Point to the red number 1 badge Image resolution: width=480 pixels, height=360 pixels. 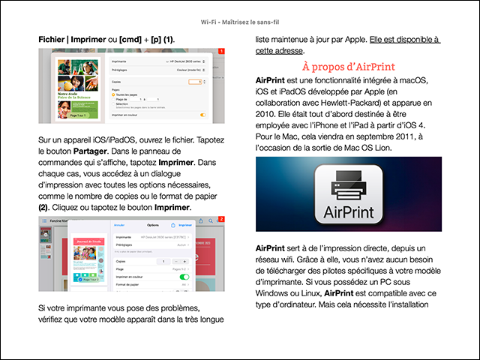[221, 52]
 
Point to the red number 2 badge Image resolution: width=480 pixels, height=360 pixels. [221, 219]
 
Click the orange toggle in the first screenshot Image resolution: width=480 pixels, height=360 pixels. [202, 115]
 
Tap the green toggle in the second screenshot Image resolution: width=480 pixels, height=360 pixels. [184, 276]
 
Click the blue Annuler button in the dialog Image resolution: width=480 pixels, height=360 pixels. [118, 224]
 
